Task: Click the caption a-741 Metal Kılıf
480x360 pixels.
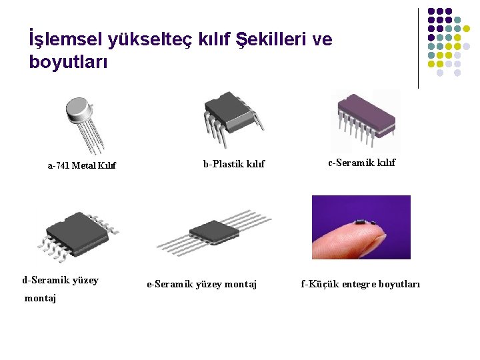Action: pos(81,165)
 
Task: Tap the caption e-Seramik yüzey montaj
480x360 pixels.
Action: pos(201,284)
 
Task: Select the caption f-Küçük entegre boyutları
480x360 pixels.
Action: pos(361,284)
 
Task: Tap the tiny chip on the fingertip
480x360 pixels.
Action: pos(364,219)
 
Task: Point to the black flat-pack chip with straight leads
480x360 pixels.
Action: pos(213,232)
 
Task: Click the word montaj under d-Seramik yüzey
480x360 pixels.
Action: pos(40,298)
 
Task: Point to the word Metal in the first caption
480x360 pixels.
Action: pos(84,165)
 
